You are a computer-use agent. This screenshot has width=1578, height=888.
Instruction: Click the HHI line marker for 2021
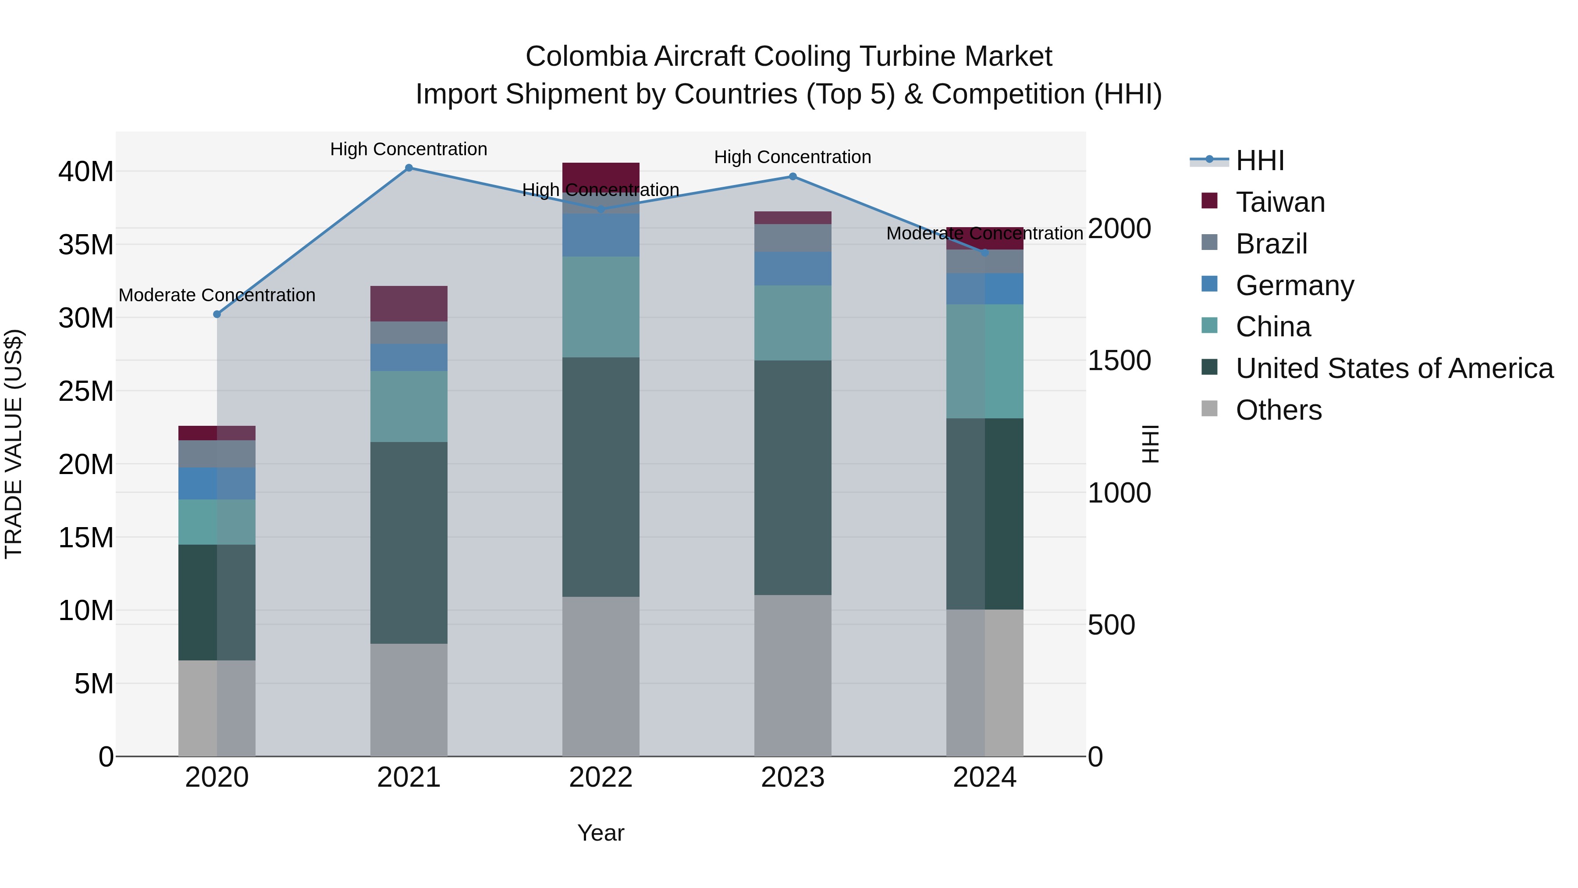click(409, 168)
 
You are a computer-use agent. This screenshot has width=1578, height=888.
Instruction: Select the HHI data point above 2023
click(793, 176)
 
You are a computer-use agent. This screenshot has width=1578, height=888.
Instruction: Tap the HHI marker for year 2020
click(217, 314)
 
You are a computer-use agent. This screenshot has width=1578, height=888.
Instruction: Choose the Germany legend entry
click(1294, 285)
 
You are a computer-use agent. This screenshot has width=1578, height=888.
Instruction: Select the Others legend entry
click(1279, 410)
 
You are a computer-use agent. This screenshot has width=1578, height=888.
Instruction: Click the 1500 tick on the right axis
click(1119, 361)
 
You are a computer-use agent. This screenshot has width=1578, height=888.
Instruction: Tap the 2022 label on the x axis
click(601, 777)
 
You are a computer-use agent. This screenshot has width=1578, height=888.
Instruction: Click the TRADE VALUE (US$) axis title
click(14, 444)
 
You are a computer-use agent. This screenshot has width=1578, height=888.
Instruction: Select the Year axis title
click(601, 833)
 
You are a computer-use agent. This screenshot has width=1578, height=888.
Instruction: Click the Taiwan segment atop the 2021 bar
click(409, 303)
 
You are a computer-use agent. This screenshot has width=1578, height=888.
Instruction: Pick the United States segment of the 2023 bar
click(793, 478)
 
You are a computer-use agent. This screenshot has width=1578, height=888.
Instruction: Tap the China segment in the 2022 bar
click(601, 307)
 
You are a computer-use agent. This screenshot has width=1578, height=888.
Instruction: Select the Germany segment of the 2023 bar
click(793, 268)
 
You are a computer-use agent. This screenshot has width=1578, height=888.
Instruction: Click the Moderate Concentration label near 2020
click(217, 296)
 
